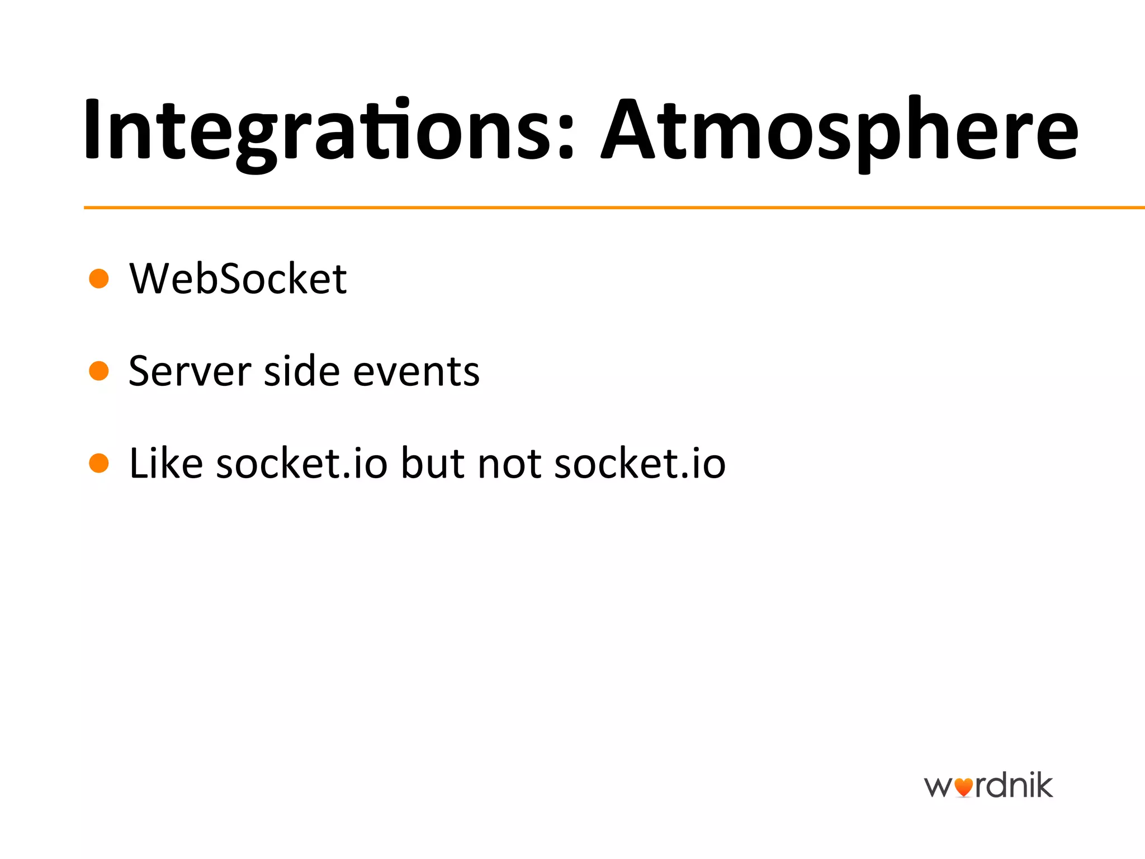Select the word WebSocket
coord(238,279)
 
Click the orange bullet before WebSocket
coord(99,278)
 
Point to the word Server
coord(190,371)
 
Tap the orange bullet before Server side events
coord(99,370)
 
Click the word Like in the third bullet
coord(165,463)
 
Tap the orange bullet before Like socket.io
coord(99,463)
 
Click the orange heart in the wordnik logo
coord(963,787)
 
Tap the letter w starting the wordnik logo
coord(938,787)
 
